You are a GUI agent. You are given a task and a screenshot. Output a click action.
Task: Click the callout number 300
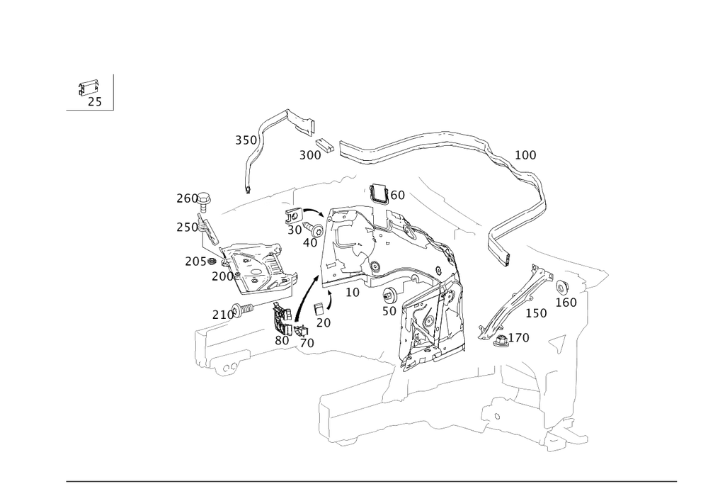click(x=310, y=155)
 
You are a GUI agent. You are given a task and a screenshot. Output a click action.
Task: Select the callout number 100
click(x=525, y=155)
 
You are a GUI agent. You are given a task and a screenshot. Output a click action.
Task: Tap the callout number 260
click(x=188, y=198)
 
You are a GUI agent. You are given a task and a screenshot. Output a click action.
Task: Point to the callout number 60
click(x=398, y=196)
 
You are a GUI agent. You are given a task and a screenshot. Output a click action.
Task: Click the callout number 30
click(x=295, y=230)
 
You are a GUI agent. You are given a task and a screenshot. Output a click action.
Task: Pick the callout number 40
click(x=309, y=242)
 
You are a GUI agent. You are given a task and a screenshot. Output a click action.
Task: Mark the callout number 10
click(x=353, y=292)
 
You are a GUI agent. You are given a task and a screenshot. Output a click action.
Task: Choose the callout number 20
click(x=324, y=323)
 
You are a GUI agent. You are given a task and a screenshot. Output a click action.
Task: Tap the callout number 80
click(x=282, y=341)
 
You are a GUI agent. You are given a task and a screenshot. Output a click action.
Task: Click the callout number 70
click(x=307, y=343)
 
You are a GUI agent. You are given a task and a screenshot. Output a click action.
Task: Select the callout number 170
click(x=519, y=339)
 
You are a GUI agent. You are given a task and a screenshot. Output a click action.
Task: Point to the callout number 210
click(x=222, y=313)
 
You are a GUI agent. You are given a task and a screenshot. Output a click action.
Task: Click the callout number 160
click(x=566, y=303)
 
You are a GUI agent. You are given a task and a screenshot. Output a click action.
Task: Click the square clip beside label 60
click(x=378, y=193)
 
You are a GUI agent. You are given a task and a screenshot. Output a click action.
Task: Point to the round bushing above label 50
click(x=389, y=294)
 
